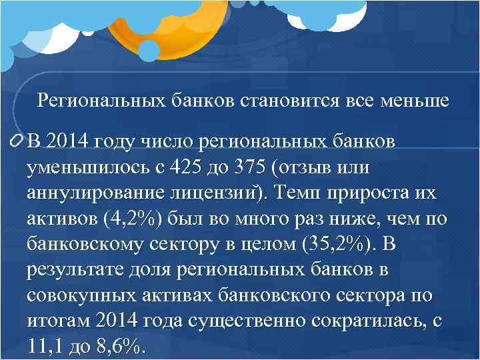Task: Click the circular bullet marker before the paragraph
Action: click(x=16, y=141)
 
